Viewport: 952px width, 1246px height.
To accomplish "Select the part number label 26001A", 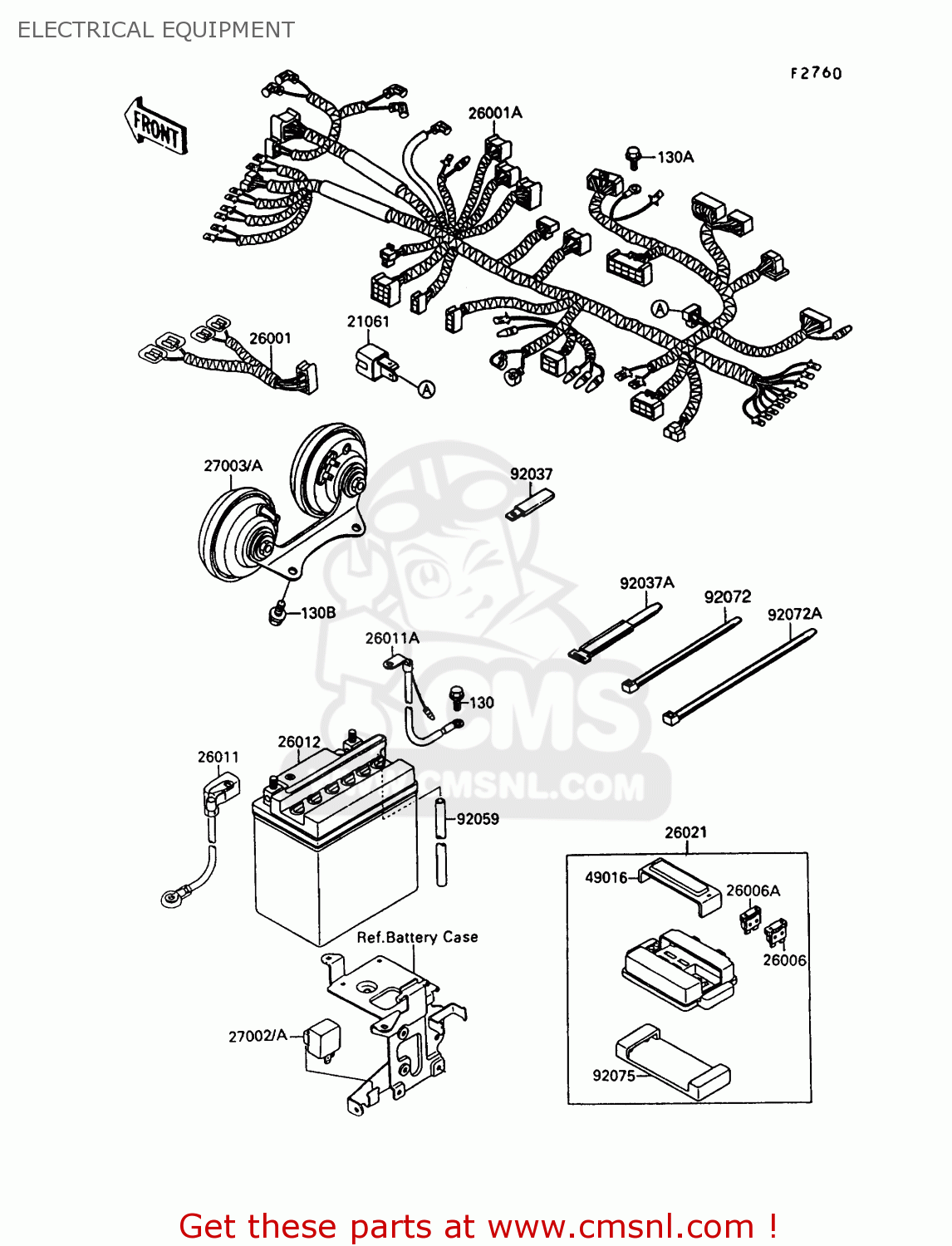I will pyautogui.click(x=495, y=113).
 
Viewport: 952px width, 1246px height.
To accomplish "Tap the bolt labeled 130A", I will pyautogui.click(x=633, y=156).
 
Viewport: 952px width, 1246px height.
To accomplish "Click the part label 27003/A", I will pyautogui.click(x=233, y=466).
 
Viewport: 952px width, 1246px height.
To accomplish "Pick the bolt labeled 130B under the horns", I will pyautogui.click(x=277, y=614).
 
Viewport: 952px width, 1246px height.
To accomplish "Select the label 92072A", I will pyautogui.click(x=794, y=614).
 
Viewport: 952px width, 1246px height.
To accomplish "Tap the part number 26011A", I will pyautogui.click(x=392, y=638).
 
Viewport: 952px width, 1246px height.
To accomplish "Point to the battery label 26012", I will pyautogui.click(x=299, y=742).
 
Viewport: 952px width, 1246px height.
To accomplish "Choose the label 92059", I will pyautogui.click(x=478, y=819).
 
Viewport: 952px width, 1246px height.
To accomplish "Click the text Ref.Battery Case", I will pyautogui.click(x=417, y=937).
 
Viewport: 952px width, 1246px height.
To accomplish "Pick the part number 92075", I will pyautogui.click(x=614, y=1076).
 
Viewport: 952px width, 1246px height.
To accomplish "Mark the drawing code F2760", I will pyautogui.click(x=816, y=73).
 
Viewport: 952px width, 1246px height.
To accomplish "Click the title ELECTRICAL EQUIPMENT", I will pyautogui.click(x=155, y=30).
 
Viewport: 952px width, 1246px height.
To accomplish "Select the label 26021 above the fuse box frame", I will pyautogui.click(x=686, y=832).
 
